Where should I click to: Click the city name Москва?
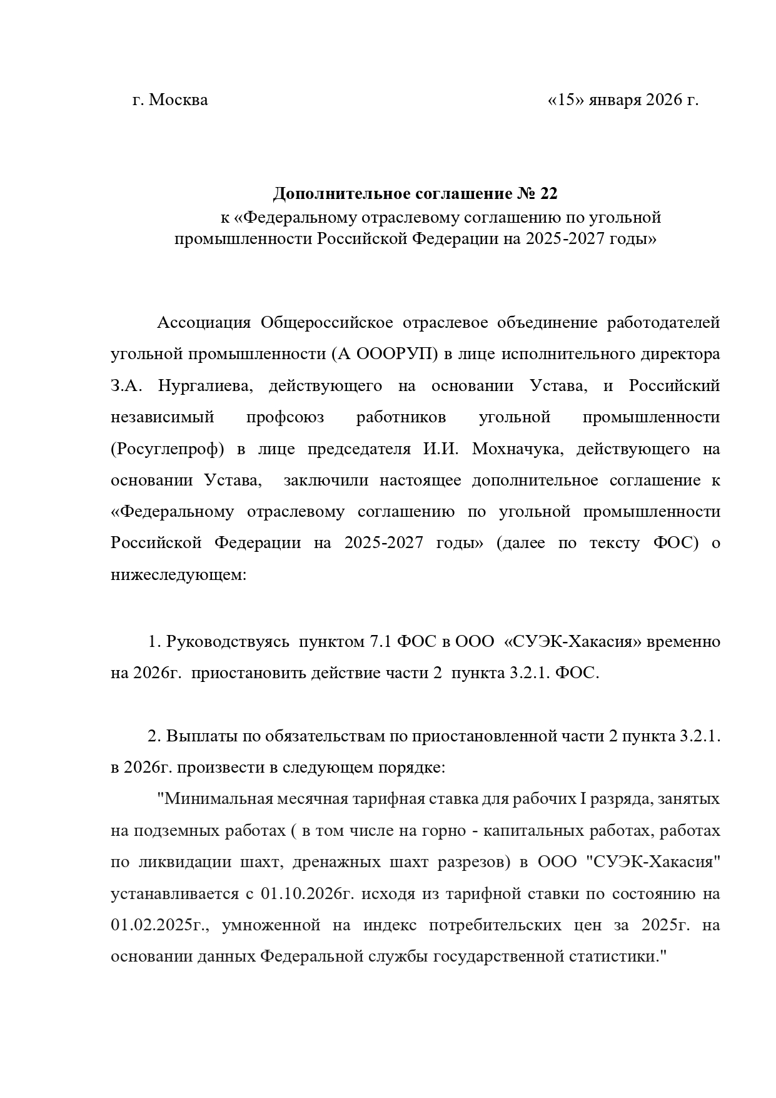[x=179, y=100]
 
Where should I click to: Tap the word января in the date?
[x=617, y=100]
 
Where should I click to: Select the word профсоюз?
[x=285, y=417]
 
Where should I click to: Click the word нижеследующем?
[x=179, y=575]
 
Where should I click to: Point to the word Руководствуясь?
[x=228, y=642]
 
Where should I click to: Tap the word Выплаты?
[x=204, y=736]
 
